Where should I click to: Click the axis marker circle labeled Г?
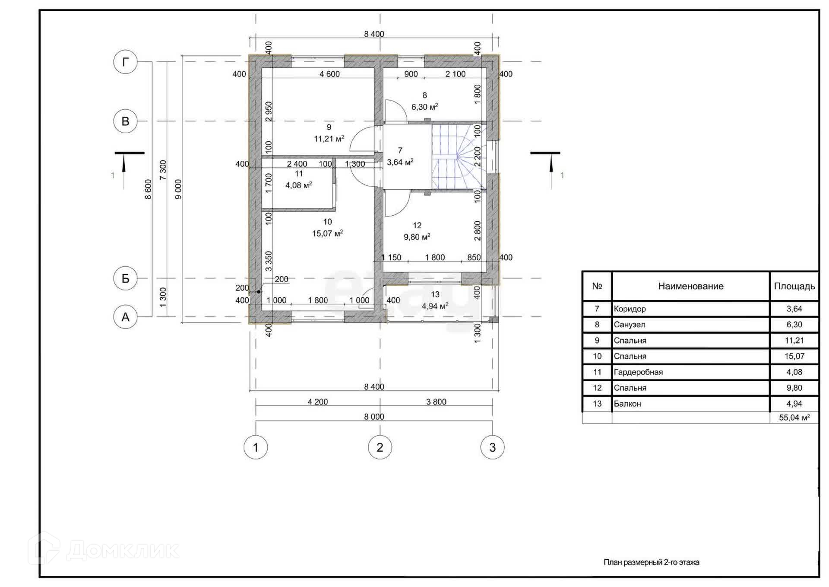point(125,62)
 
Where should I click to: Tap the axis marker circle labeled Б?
point(125,278)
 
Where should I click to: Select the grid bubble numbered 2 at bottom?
point(380,447)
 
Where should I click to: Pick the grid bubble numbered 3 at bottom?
point(492,447)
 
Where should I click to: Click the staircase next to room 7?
point(459,157)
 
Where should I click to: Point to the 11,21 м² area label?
point(329,139)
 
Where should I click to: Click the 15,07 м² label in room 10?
point(328,233)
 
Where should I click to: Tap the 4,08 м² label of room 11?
point(299,185)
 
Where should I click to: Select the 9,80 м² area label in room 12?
point(417,237)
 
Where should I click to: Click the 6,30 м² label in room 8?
point(425,107)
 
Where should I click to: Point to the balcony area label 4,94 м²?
point(435,306)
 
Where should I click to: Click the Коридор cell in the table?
point(630,309)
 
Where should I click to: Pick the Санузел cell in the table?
point(630,325)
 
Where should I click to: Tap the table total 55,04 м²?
point(794,418)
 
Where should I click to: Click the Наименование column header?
point(691,286)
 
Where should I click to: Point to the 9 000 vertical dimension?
point(178,189)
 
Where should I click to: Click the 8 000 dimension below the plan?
point(374,417)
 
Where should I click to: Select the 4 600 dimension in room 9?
point(329,74)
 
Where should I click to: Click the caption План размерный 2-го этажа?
point(652,562)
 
